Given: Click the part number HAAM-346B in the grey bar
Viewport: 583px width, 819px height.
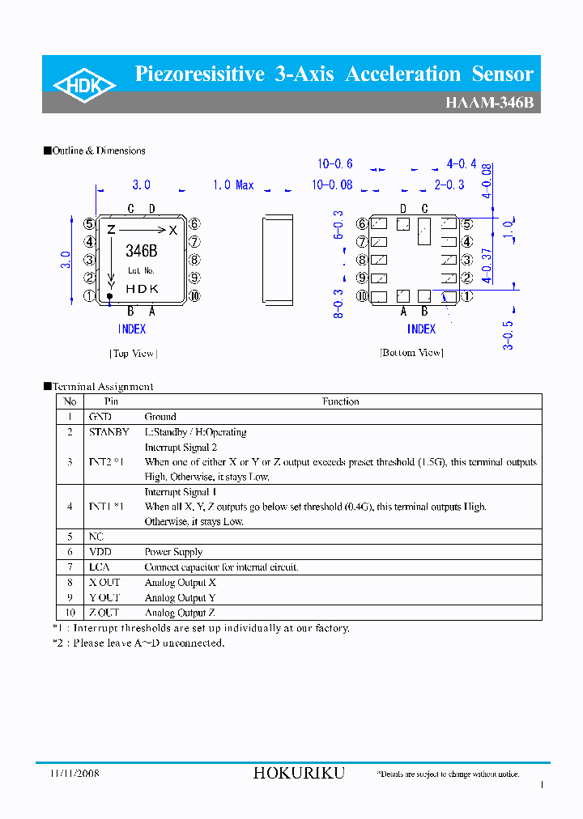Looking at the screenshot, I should coord(489,104).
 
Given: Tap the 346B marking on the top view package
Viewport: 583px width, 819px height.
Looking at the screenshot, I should coord(142,251).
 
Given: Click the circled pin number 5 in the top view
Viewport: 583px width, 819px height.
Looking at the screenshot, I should coord(90,224).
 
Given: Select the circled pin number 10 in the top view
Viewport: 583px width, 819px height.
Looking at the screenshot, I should coord(194,296).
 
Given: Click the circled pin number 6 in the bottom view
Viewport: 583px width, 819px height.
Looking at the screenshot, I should coord(362,224).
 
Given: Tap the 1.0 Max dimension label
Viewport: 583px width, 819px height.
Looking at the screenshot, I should coord(233,185).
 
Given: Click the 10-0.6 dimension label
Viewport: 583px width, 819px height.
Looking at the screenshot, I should coord(335,164).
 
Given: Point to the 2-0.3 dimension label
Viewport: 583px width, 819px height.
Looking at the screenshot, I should coord(449,185).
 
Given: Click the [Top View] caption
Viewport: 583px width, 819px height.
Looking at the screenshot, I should coord(133,354).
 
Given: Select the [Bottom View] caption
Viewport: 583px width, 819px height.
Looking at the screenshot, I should coord(411,353).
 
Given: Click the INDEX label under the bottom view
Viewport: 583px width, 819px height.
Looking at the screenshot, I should coord(421,329).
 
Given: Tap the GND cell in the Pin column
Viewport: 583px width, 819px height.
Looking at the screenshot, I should coord(100,417).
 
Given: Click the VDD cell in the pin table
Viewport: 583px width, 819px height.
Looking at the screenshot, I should coord(100,552).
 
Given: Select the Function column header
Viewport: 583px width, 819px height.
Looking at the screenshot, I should coord(340,401).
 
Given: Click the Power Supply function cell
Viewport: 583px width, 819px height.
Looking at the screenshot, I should coord(174,552).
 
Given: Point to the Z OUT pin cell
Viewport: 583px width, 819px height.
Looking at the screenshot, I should coord(104,613).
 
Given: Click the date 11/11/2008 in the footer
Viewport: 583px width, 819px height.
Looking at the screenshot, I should coord(70,774).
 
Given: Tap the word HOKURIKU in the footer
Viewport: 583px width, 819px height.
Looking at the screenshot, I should coord(299,774).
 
